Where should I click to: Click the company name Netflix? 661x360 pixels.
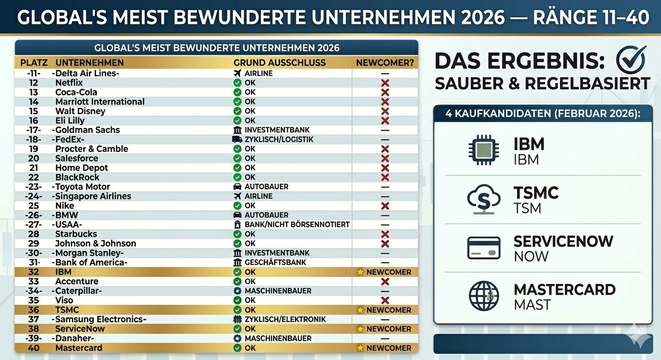[69, 83]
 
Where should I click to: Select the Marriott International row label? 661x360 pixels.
[100, 101]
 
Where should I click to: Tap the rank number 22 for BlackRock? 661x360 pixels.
[34, 177]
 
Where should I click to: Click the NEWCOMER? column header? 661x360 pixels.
[385, 63]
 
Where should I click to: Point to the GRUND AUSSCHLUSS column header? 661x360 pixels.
[279, 63]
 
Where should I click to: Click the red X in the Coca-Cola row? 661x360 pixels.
[385, 92]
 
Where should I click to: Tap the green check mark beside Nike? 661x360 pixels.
[237, 206]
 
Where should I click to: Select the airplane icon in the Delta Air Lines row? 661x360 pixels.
[237, 73]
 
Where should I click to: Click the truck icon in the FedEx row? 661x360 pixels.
[237, 139]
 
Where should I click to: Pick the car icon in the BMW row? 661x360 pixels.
[237, 215]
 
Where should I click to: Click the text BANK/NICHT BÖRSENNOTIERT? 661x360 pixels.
[297, 225]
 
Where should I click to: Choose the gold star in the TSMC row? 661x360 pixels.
[360, 310]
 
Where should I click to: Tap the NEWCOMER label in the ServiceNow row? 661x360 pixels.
[388, 329]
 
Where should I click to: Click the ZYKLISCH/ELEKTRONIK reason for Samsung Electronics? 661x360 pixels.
[285, 319]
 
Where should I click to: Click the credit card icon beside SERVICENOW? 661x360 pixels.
[484, 248]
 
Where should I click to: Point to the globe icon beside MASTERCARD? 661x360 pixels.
[484, 296]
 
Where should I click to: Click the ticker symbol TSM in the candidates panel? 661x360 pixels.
[527, 209]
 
